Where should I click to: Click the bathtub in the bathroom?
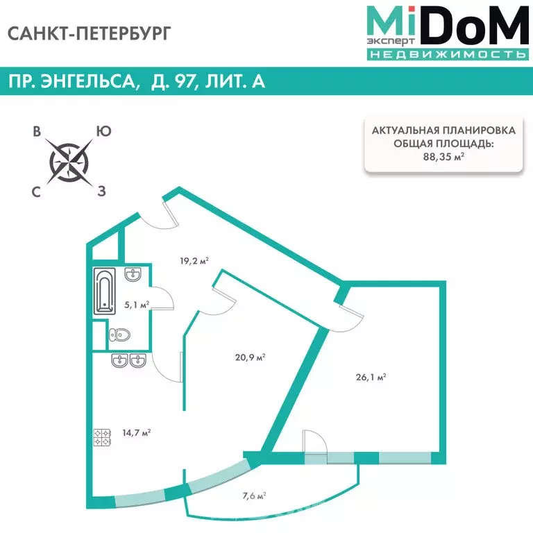(x=104, y=291)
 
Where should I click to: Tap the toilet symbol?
(x=119, y=335)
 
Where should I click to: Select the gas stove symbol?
(x=102, y=437)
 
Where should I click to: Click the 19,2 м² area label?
(x=194, y=261)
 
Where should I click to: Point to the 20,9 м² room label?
(x=250, y=357)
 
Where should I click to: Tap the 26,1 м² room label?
(x=371, y=377)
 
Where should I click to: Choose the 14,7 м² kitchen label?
(x=136, y=433)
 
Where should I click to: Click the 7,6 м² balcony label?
(x=254, y=496)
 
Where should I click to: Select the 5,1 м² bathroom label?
(x=137, y=305)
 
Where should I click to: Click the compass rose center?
(x=69, y=162)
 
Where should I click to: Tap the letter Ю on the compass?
(x=103, y=131)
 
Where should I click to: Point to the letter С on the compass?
(x=36, y=192)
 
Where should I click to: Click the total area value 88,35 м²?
(x=443, y=157)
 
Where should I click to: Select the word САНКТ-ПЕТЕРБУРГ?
(x=89, y=33)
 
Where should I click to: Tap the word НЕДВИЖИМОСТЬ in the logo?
(x=448, y=54)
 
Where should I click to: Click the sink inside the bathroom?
(x=133, y=275)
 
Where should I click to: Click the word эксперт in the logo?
(x=391, y=42)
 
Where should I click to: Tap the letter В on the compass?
(x=37, y=131)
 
